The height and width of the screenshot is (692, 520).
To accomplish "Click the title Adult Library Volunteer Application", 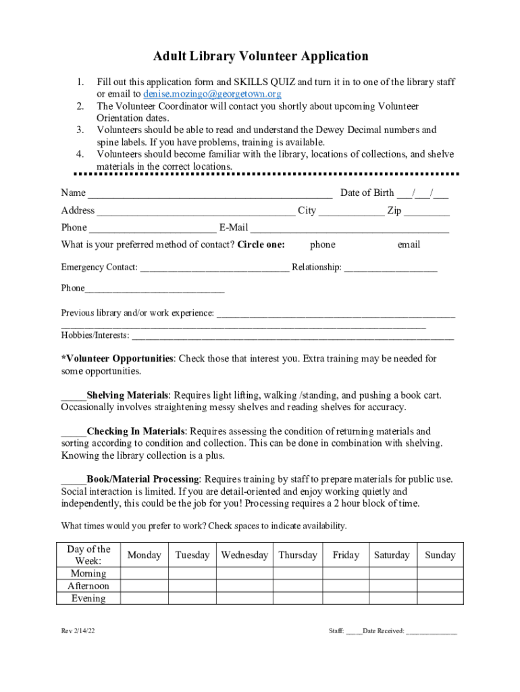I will pos(260,56).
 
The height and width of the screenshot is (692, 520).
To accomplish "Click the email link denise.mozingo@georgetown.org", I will pos(212,94).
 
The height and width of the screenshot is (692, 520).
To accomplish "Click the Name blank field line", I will pos(210,195).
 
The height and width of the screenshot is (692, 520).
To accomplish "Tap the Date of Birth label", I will pos(367,193).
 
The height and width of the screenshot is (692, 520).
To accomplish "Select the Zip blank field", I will pos(427,212).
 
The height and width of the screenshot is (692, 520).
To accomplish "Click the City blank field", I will pos(351,212).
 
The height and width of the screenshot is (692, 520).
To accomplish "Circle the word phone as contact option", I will pos(322,245).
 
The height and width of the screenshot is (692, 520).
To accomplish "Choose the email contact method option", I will pos(409,245).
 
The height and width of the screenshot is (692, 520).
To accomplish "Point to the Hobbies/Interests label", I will pos(95,335).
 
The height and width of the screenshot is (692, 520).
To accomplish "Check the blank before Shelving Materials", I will pos(73,396).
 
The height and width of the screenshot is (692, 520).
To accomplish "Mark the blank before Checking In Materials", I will pos(73,432).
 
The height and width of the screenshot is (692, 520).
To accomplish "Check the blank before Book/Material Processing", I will pos(73,480).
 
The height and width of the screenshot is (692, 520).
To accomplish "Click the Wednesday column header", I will pos(244,555).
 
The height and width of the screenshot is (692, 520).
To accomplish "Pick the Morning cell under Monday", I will pos(145,574).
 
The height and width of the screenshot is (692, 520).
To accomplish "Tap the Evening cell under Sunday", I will pos(440,598).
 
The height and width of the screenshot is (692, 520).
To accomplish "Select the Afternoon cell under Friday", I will pos(346,586).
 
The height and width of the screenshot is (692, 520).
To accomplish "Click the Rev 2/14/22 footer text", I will pos(78,631).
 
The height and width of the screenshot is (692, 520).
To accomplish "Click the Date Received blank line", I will pos(432,633).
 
